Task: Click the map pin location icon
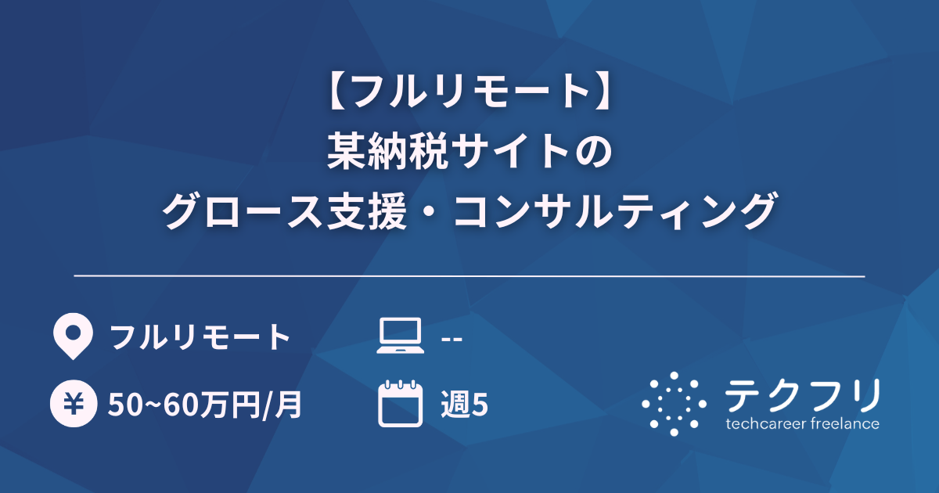(x=72, y=337)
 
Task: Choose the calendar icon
(x=400, y=404)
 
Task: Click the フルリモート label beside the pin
(x=200, y=338)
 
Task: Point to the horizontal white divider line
(x=469, y=276)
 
